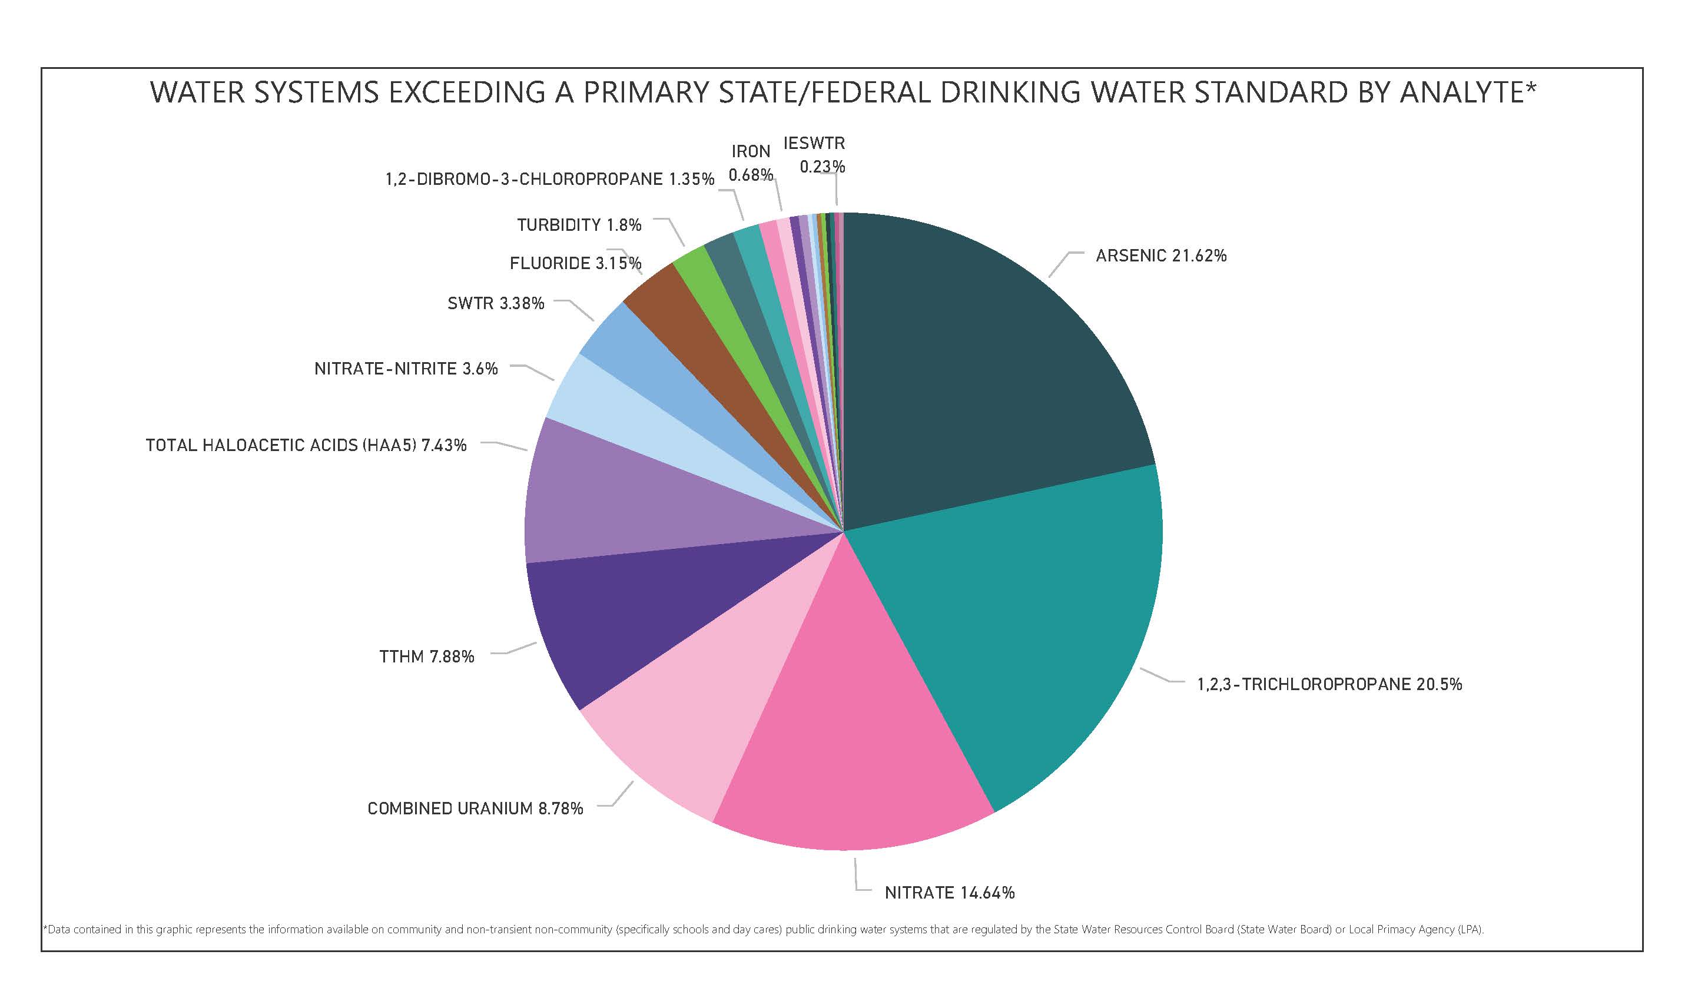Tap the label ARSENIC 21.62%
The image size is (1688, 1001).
point(1160,256)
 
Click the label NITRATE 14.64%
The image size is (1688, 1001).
point(949,893)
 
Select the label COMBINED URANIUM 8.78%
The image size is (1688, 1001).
point(475,808)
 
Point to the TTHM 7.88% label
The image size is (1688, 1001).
point(426,657)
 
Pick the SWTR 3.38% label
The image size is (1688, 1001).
point(496,303)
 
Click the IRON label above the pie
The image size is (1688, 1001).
point(751,152)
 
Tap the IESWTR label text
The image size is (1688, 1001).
point(814,143)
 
